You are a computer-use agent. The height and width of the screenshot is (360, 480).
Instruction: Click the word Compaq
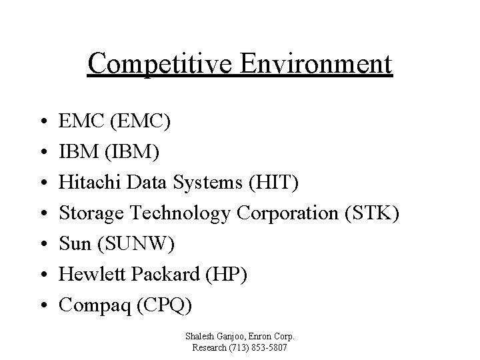coord(89,305)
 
